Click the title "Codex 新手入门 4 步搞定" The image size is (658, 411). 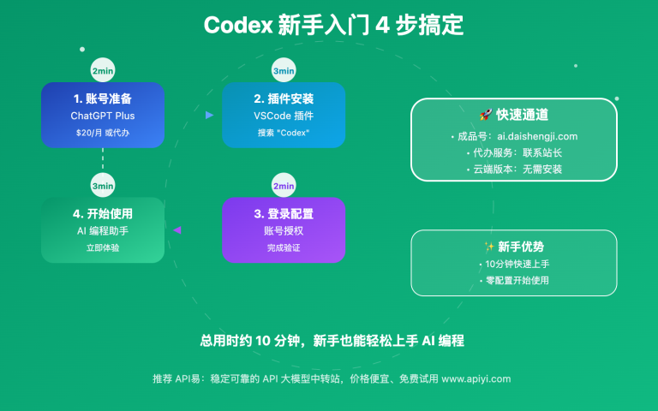point(333,25)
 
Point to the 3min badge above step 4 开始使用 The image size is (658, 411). point(103,186)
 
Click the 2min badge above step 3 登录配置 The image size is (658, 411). point(284,186)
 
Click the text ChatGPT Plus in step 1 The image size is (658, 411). point(103,116)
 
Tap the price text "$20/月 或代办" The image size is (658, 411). point(103,133)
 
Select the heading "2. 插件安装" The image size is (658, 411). point(284,98)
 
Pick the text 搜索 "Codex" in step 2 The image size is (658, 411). point(284,133)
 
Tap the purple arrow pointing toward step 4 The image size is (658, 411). point(177,229)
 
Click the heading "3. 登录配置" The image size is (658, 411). point(284,213)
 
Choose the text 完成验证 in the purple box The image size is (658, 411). point(284,247)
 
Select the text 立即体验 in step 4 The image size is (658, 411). point(103,247)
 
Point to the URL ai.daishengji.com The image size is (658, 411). point(533,136)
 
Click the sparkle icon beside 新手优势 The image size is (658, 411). point(488,247)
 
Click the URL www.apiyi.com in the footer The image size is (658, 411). point(476,378)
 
